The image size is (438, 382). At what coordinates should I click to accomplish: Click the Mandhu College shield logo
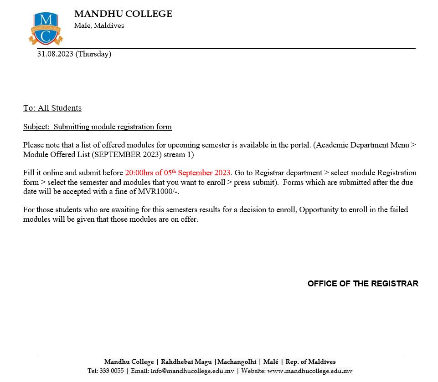46,29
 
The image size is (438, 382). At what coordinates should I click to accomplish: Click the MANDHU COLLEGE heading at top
123,14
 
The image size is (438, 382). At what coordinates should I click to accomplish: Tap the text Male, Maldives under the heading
99,25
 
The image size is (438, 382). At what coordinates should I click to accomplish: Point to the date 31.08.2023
55,54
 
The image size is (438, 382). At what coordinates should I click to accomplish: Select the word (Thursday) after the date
93,54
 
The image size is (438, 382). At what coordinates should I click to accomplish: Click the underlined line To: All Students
52,108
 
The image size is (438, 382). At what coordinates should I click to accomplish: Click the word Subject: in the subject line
36,127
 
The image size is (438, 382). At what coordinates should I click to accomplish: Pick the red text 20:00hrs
139,173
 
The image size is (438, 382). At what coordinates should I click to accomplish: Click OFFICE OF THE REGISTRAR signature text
363,284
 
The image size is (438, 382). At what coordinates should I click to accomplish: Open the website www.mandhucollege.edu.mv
309,371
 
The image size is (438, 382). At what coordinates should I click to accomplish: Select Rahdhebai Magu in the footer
186,362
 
